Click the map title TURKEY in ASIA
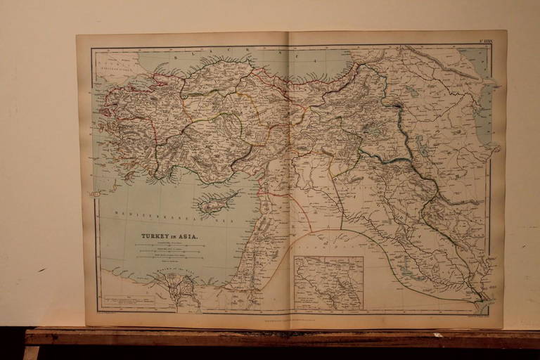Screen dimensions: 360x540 169,236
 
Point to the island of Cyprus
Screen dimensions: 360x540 217,202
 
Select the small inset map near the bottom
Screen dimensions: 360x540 328,283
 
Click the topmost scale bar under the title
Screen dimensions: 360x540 169,244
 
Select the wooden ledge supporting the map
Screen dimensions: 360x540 281,338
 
